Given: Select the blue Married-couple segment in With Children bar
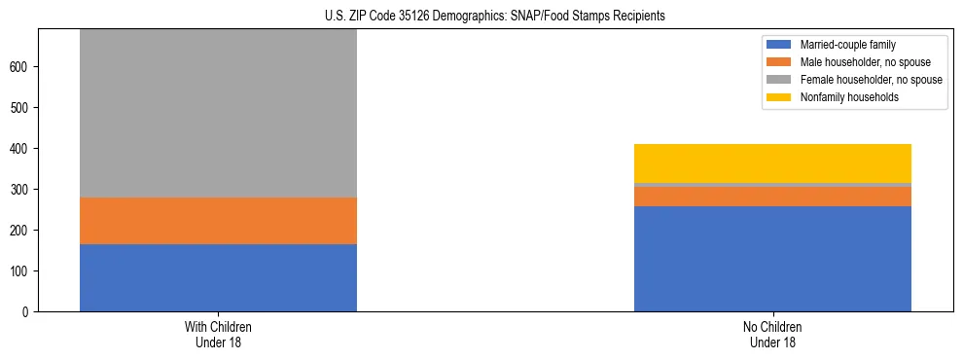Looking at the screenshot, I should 218,277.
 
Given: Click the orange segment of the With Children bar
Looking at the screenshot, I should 218,221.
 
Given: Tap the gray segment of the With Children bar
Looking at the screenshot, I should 218,113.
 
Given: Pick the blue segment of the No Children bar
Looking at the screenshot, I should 772,259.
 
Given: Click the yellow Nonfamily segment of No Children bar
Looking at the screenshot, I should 772,163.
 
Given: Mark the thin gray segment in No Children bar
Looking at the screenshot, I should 772,185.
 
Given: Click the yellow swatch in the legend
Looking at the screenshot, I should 779,97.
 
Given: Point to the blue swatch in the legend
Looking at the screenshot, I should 779,45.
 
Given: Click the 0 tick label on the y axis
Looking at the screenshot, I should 27,311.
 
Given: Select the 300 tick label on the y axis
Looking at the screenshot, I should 21,189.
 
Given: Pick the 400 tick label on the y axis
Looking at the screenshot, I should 21,148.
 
